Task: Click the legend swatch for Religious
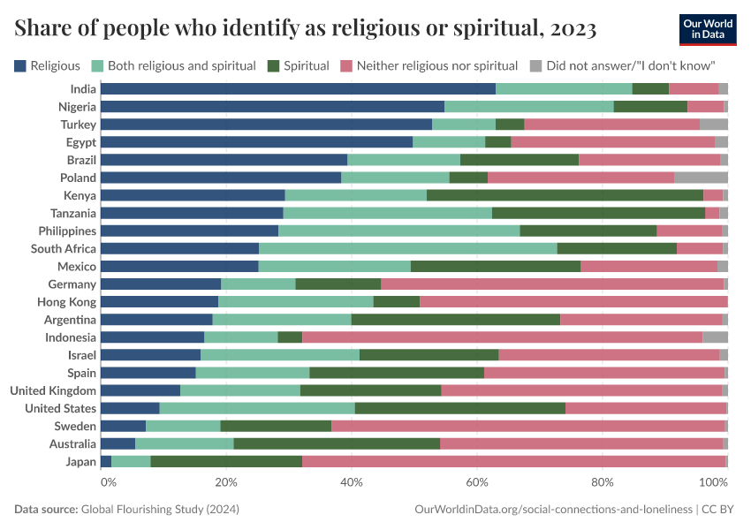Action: pyautogui.click(x=20, y=65)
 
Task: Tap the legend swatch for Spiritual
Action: pyautogui.click(x=274, y=65)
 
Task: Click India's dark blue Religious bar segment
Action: pyautogui.click(x=298, y=88)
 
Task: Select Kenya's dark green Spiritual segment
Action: pyautogui.click(x=565, y=195)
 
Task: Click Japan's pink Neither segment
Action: pyautogui.click(x=513, y=462)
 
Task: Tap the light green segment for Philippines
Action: pyautogui.click(x=398, y=231)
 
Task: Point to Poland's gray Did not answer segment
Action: pyautogui.click(x=701, y=178)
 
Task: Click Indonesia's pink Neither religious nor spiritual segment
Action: pyautogui.click(x=502, y=337)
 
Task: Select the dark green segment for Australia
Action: pyautogui.click(x=337, y=443)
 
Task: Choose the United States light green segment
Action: pyautogui.click(x=257, y=408)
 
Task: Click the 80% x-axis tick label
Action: pyautogui.click(x=603, y=483)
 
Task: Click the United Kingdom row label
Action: pyautogui.click(x=53, y=390)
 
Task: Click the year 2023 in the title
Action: pyautogui.click(x=573, y=29)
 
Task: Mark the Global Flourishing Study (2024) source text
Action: pyautogui.click(x=160, y=510)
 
